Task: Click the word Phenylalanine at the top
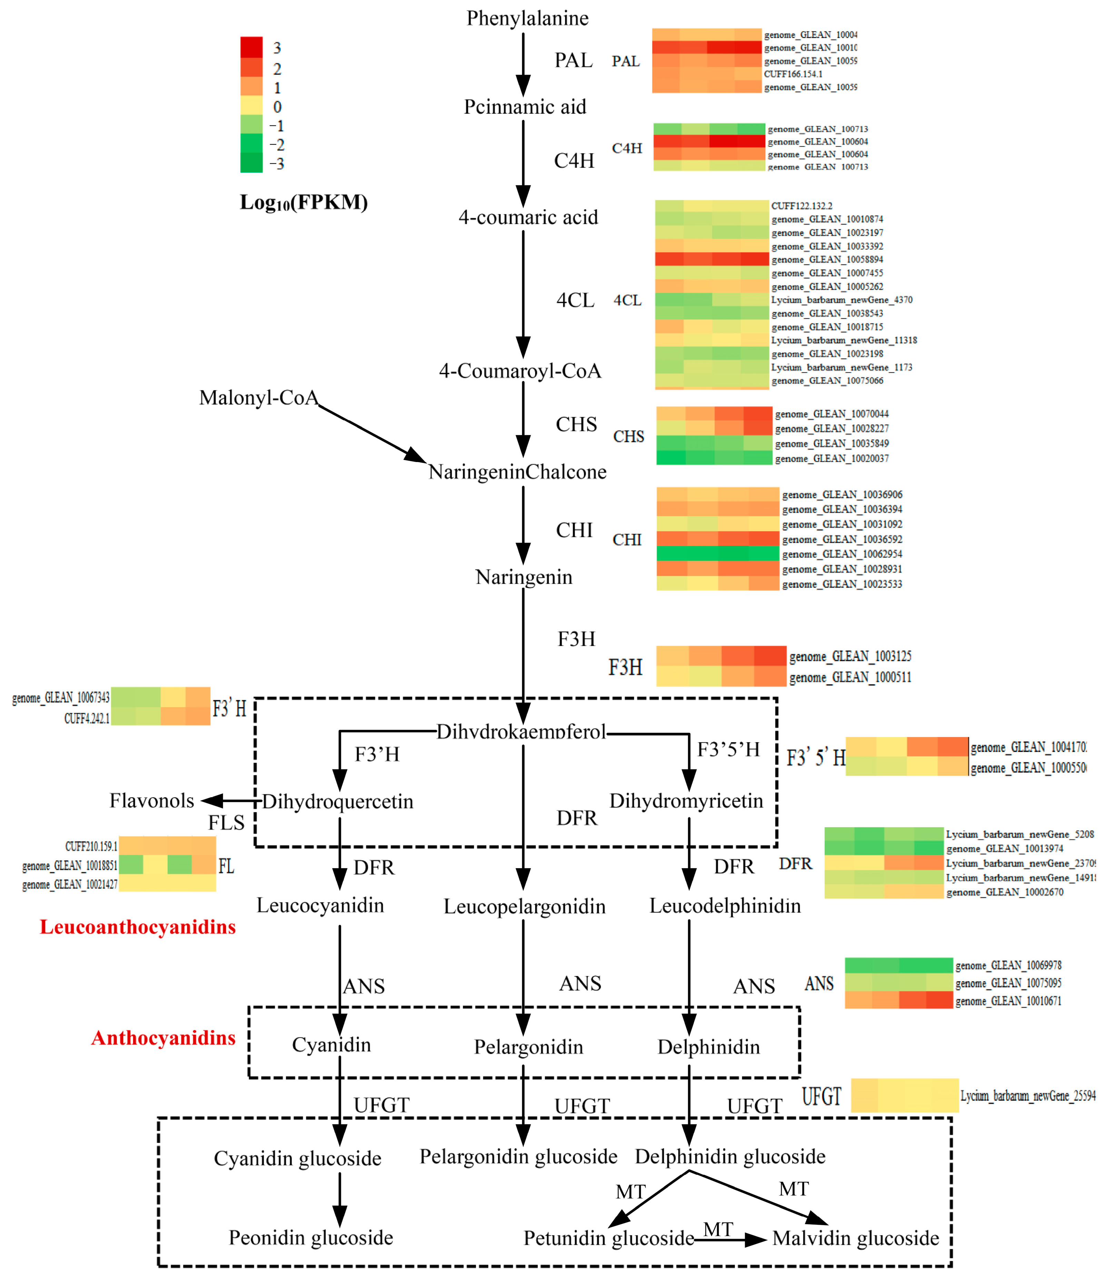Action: pos(527,18)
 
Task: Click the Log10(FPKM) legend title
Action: pos(303,202)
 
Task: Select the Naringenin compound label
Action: pos(523,577)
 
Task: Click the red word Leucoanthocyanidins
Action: pos(137,927)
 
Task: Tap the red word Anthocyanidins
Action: pos(163,1038)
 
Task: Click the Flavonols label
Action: pos(152,801)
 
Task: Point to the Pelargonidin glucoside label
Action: pos(518,1156)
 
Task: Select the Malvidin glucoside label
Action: pos(856,1238)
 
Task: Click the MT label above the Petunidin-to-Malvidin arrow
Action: pos(718,1229)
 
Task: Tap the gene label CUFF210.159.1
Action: pos(91,846)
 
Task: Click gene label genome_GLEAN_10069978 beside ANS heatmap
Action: pos(1008,965)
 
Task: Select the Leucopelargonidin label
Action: pos(524,907)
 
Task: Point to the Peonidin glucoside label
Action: pos(311,1238)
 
